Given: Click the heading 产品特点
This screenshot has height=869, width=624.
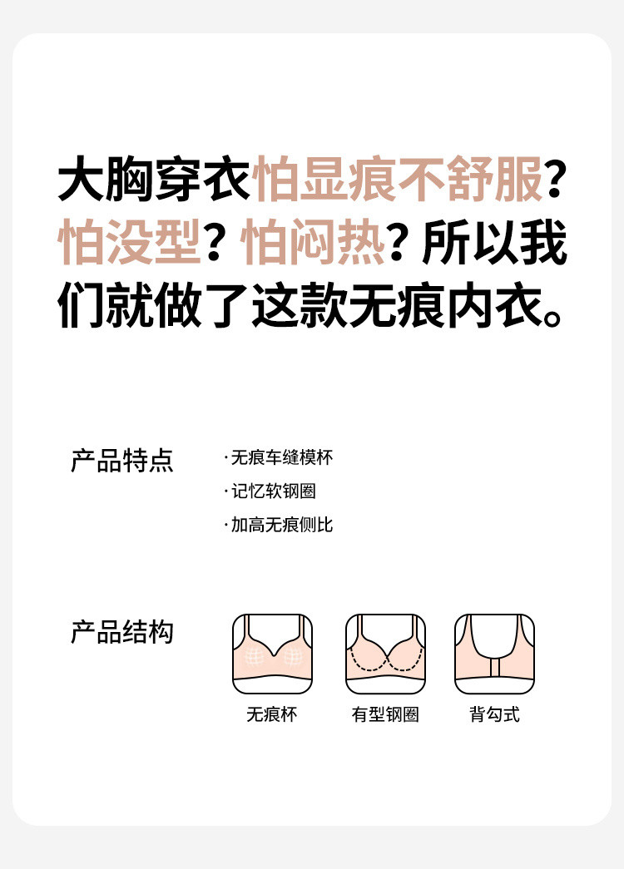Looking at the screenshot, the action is tap(122, 461).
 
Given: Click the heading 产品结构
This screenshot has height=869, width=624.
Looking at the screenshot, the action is tap(122, 632).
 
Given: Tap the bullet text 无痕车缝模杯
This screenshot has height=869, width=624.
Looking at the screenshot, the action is tap(282, 457).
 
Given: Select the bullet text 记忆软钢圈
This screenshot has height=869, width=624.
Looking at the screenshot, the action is tap(274, 491).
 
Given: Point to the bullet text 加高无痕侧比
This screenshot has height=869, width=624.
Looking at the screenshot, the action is tap(282, 524).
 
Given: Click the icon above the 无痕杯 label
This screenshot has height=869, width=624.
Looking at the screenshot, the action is tap(272, 654).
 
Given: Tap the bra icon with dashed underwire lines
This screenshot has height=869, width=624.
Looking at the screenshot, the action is tap(385, 654).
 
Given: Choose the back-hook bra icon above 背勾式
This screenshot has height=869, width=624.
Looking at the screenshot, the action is tap(495, 654).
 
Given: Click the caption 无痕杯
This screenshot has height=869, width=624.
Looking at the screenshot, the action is tap(272, 714).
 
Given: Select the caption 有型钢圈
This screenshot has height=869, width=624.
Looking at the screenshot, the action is tap(385, 714).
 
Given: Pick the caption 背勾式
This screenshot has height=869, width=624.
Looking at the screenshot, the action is tap(495, 714).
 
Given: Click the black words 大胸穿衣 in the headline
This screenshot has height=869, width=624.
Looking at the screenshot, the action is tap(155, 179).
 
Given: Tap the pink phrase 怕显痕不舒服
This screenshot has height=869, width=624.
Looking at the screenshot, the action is tap(398, 179).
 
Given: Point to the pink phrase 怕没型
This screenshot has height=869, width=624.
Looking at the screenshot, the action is tap(130, 242).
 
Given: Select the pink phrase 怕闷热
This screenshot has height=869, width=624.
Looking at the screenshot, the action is tap(313, 242).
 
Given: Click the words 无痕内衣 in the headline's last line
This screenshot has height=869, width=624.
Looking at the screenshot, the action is tap(446, 305).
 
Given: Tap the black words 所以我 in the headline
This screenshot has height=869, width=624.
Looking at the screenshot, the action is tap(495, 242).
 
